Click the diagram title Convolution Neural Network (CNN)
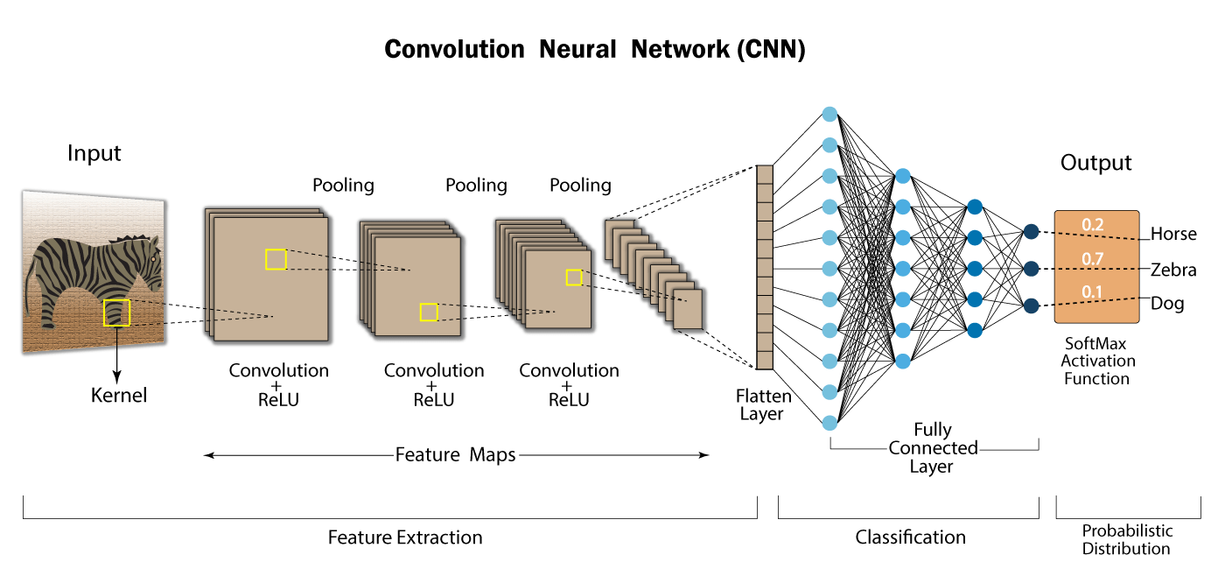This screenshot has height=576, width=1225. click(595, 49)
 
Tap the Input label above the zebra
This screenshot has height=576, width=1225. click(94, 154)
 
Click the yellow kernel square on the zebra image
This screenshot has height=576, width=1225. click(116, 313)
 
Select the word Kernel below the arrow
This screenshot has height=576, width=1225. click(119, 396)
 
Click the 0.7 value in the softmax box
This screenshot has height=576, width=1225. click(1093, 258)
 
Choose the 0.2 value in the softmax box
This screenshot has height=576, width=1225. click(1093, 225)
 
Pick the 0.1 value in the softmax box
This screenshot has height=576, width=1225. click(1093, 292)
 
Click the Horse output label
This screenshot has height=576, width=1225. click(1173, 235)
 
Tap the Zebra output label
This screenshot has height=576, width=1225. click(1173, 270)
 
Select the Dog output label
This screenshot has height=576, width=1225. click(1167, 305)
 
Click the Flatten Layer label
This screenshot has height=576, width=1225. click(763, 405)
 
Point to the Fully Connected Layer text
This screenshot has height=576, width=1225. click(933, 448)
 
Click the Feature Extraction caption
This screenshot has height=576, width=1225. click(405, 537)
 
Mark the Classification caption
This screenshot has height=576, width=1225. click(910, 537)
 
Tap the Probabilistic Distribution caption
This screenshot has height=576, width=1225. click(1127, 540)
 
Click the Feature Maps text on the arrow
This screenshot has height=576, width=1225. click(455, 455)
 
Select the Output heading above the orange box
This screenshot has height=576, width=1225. click(1095, 163)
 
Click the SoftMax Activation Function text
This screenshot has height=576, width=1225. click(1097, 361)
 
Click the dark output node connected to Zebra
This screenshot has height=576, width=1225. click(1031, 268)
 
